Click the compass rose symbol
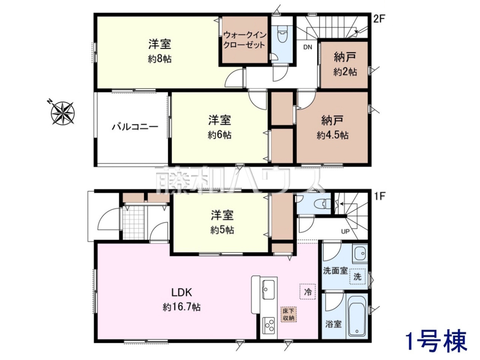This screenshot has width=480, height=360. point(62,113)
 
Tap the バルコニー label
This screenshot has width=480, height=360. point(135,127)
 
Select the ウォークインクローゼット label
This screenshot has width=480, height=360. point(245,40)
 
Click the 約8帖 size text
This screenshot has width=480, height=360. point(160,59)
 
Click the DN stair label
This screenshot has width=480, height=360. point(308,47)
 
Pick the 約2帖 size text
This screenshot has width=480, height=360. point(345,72)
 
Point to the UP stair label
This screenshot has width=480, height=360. point(346,231)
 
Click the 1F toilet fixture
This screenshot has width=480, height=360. point(322,204)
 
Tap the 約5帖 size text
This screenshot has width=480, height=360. point(222,230)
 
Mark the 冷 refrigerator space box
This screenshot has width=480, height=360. point(308,291)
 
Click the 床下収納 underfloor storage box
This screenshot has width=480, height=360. point(289,314)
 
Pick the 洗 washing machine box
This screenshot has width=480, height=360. point(357,276)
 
